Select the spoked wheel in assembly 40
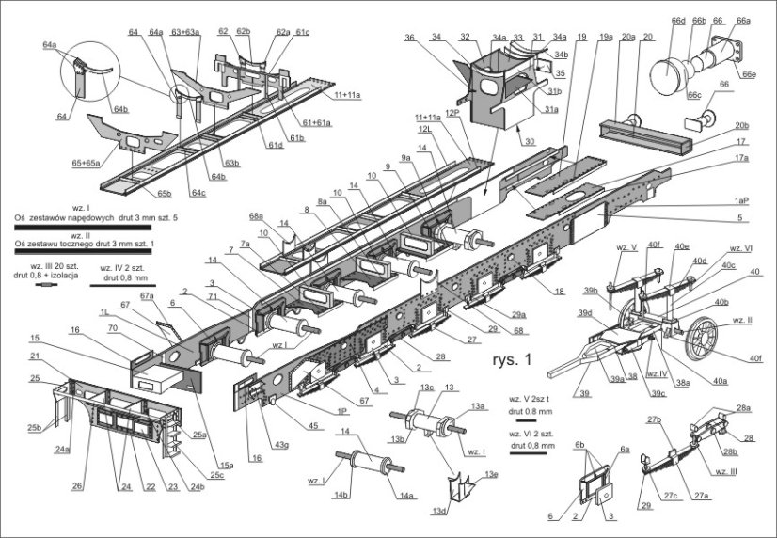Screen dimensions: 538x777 (702, 337)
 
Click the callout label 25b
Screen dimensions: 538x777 (34, 429)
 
